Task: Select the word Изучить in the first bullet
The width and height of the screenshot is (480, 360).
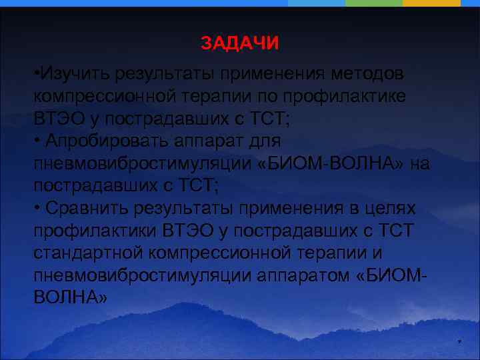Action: [x=74, y=72]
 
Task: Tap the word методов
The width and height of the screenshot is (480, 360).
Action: [x=374, y=72]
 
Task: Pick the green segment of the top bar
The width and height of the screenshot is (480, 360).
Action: [x=374, y=3]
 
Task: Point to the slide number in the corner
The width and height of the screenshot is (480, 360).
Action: [x=459, y=343]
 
